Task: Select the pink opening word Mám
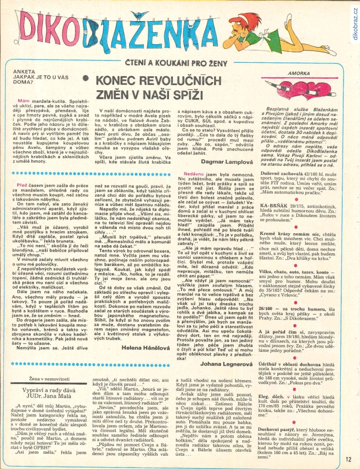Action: click(x=24, y=101)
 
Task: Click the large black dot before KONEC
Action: click(x=85, y=77)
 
